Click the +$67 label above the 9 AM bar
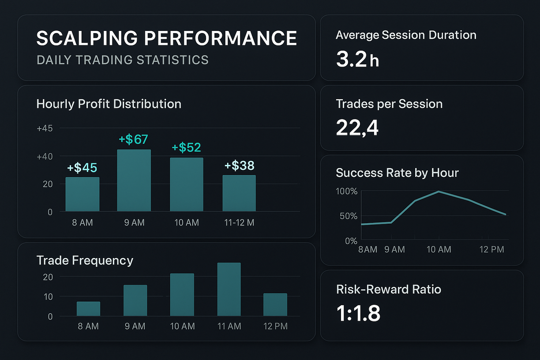click(133, 140)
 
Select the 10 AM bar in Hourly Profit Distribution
click(187, 184)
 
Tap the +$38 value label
click(239, 166)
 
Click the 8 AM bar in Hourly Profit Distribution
click(82, 194)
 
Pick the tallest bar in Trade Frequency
click(229, 289)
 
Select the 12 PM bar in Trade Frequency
click(275, 304)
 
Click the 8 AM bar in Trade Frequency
click(88, 309)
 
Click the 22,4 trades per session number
click(357, 128)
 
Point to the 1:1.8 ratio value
click(358, 313)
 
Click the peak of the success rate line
click(439, 191)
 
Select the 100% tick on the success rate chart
click(347, 191)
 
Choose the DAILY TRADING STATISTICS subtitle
click(123, 60)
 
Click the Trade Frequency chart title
click(85, 260)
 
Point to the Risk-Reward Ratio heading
click(388, 289)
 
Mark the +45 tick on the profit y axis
click(45, 128)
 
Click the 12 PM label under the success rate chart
click(492, 250)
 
